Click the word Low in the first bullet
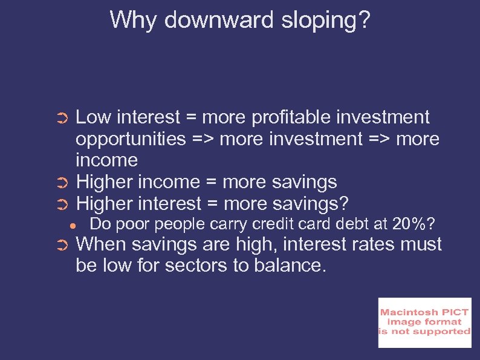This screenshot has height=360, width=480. point(94,117)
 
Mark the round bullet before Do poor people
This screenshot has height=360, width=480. point(71,225)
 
